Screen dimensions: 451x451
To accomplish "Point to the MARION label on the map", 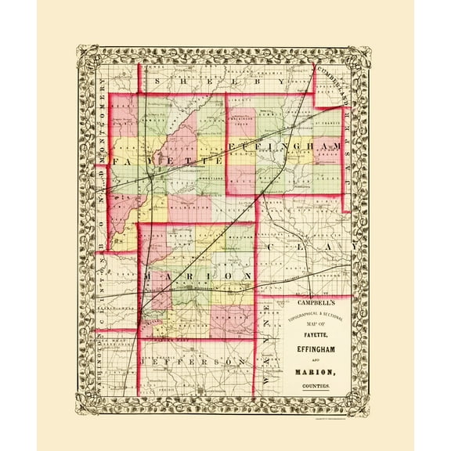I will (x=196, y=278).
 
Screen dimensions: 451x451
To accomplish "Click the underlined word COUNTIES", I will (x=316, y=388).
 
